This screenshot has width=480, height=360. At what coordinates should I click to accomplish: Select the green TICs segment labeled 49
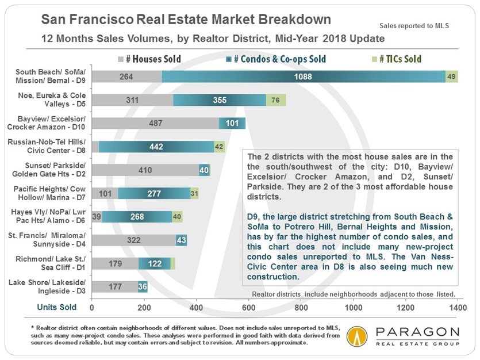tap(452, 77)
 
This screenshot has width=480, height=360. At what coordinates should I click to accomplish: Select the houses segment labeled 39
tap(97, 216)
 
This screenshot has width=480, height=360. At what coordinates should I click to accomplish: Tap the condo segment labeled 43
tap(181, 240)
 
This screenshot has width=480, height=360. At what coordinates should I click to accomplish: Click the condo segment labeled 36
tap(143, 286)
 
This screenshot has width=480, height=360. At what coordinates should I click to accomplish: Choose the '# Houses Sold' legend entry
tap(149, 59)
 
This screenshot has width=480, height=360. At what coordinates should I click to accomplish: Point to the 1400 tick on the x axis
tap(458, 308)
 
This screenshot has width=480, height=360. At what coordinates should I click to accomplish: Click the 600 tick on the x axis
tap(248, 308)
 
